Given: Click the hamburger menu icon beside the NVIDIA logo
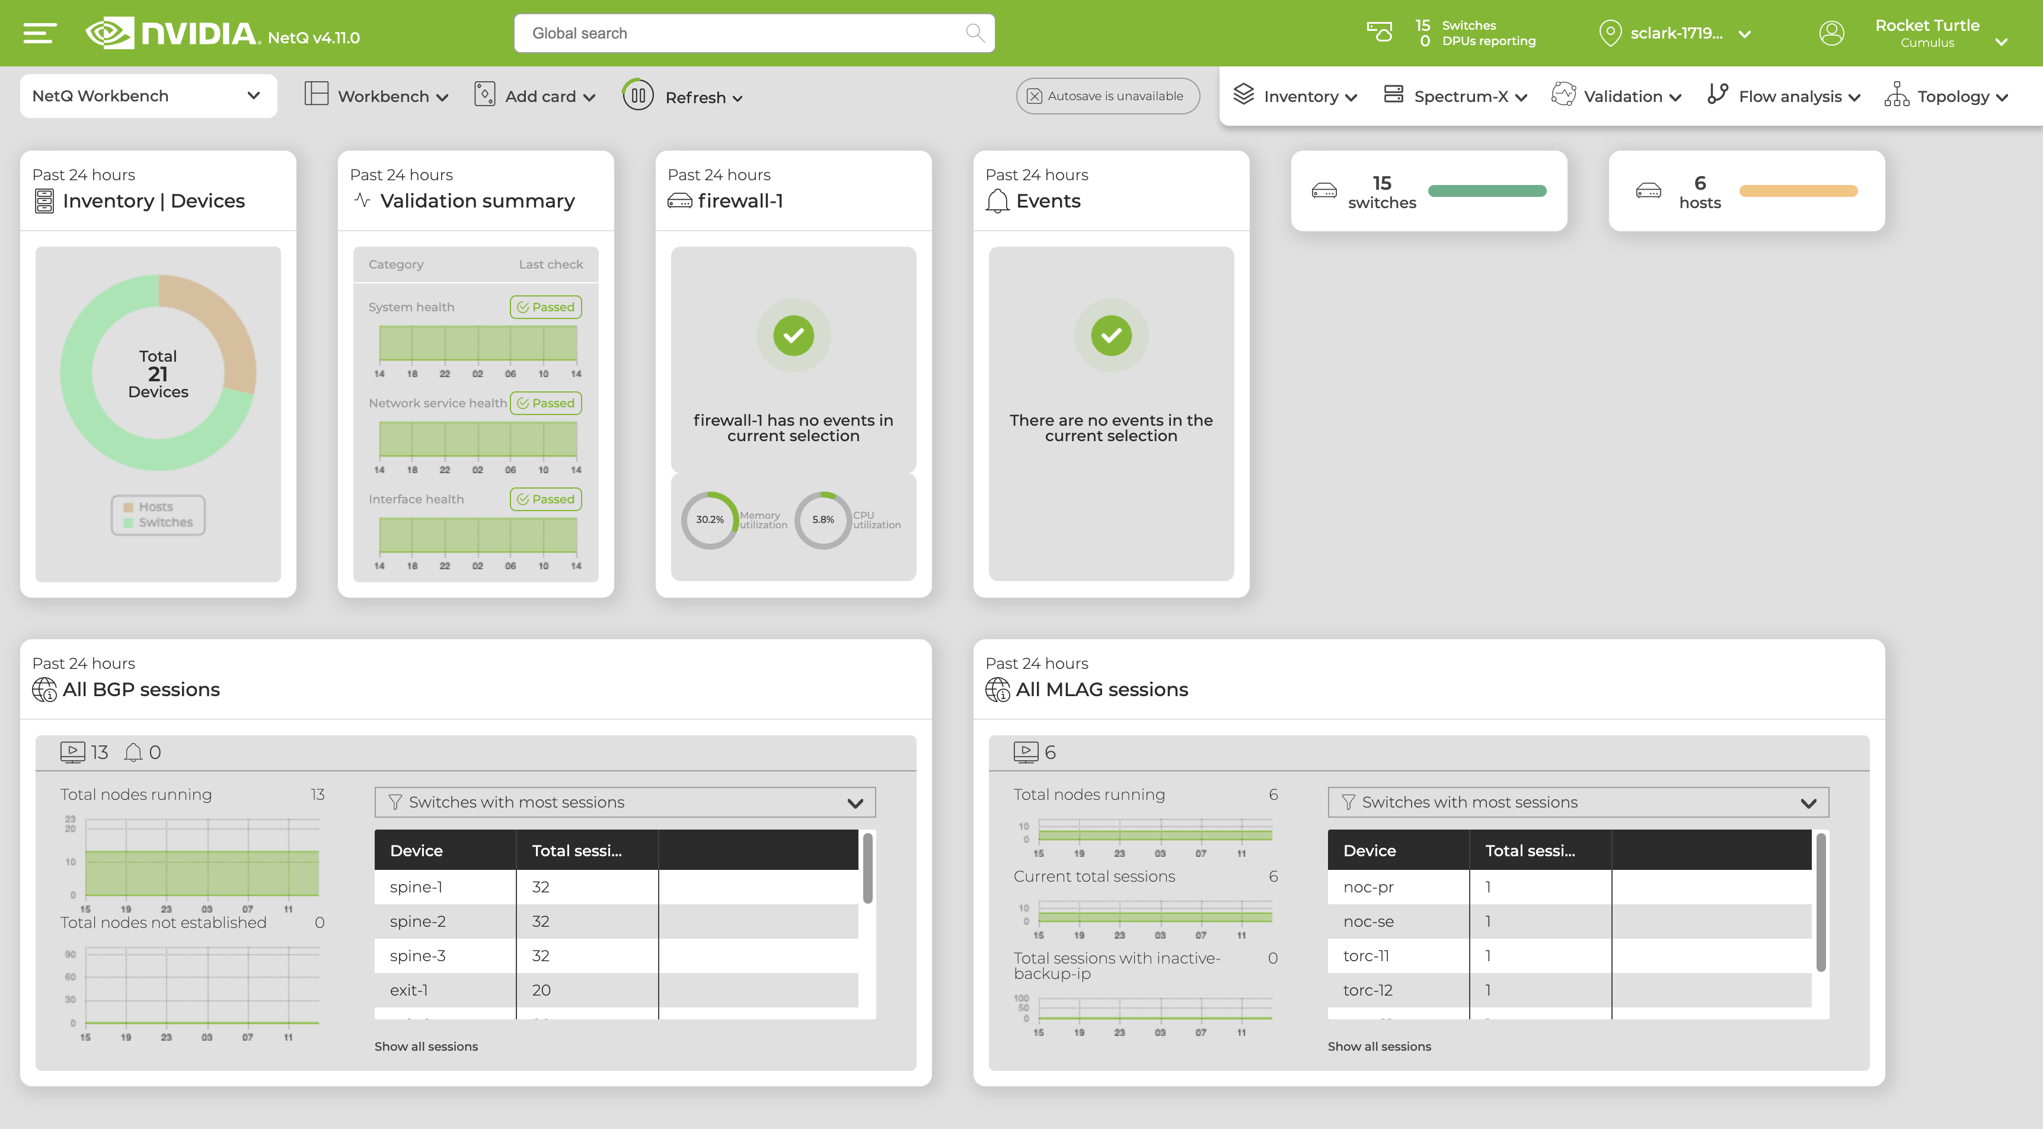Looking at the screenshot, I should [40, 33].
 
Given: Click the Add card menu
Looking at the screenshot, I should [535, 96].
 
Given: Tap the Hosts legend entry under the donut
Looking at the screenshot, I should [155, 507].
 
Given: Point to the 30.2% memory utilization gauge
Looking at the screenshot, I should [710, 519].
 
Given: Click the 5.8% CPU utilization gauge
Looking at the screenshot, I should [823, 519].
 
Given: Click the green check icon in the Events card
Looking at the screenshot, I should [1110, 336].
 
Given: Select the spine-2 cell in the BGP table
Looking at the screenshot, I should [418, 921].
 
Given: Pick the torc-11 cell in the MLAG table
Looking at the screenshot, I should [1366, 956].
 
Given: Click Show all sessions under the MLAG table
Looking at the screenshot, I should [1379, 1047].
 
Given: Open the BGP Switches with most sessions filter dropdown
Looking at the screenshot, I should [625, 802].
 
